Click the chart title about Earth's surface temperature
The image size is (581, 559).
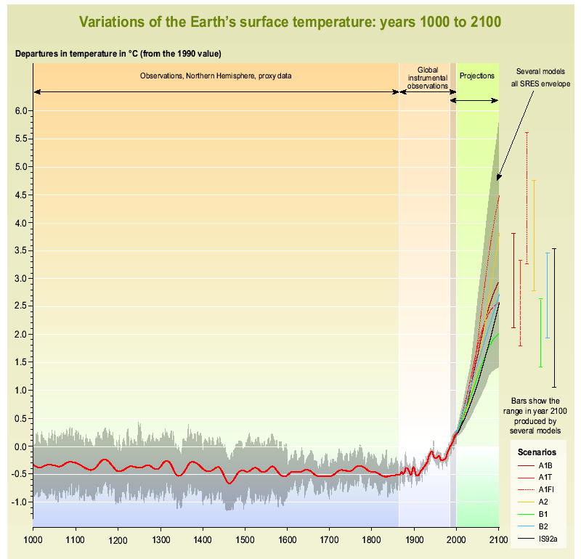click(x=290, y=21)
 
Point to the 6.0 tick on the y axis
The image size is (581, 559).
click(x=22, y=111)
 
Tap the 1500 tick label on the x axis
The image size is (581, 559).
click(x=244, y=540)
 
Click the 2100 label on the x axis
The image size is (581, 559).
click(x=498, y=540)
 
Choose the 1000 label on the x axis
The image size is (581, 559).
click(x=33, y=540)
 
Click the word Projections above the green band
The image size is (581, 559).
click(x=477, y=76)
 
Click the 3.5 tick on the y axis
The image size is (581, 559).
click(x=22, y=250)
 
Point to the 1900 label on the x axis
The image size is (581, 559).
click(x=414, y=540)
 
